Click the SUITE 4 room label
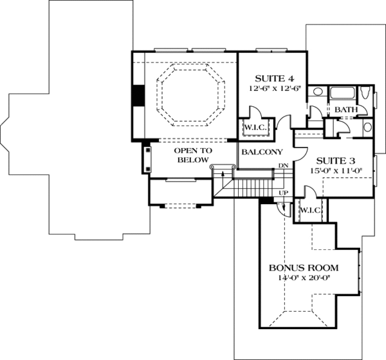[x=274, y=79]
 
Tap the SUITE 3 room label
[x=336, y=161]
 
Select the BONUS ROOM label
[x=304, y=268]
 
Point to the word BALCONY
[x=262, y=152]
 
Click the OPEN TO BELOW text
[x=193, y=155]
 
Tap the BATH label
[x=346, y=109]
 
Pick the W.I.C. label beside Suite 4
[x=255, y=128]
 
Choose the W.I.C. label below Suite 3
[x=311, y=210]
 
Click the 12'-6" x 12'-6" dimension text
[x=275, y=88]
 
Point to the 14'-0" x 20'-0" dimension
[x=304, y=278]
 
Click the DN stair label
[x=283, y=166]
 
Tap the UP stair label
[x=284, y=193]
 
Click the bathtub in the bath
[x=342, y=93]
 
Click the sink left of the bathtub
[x=318, y=91]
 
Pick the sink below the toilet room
[x=367, y=127]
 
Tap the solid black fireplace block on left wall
[x=139, y=95]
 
